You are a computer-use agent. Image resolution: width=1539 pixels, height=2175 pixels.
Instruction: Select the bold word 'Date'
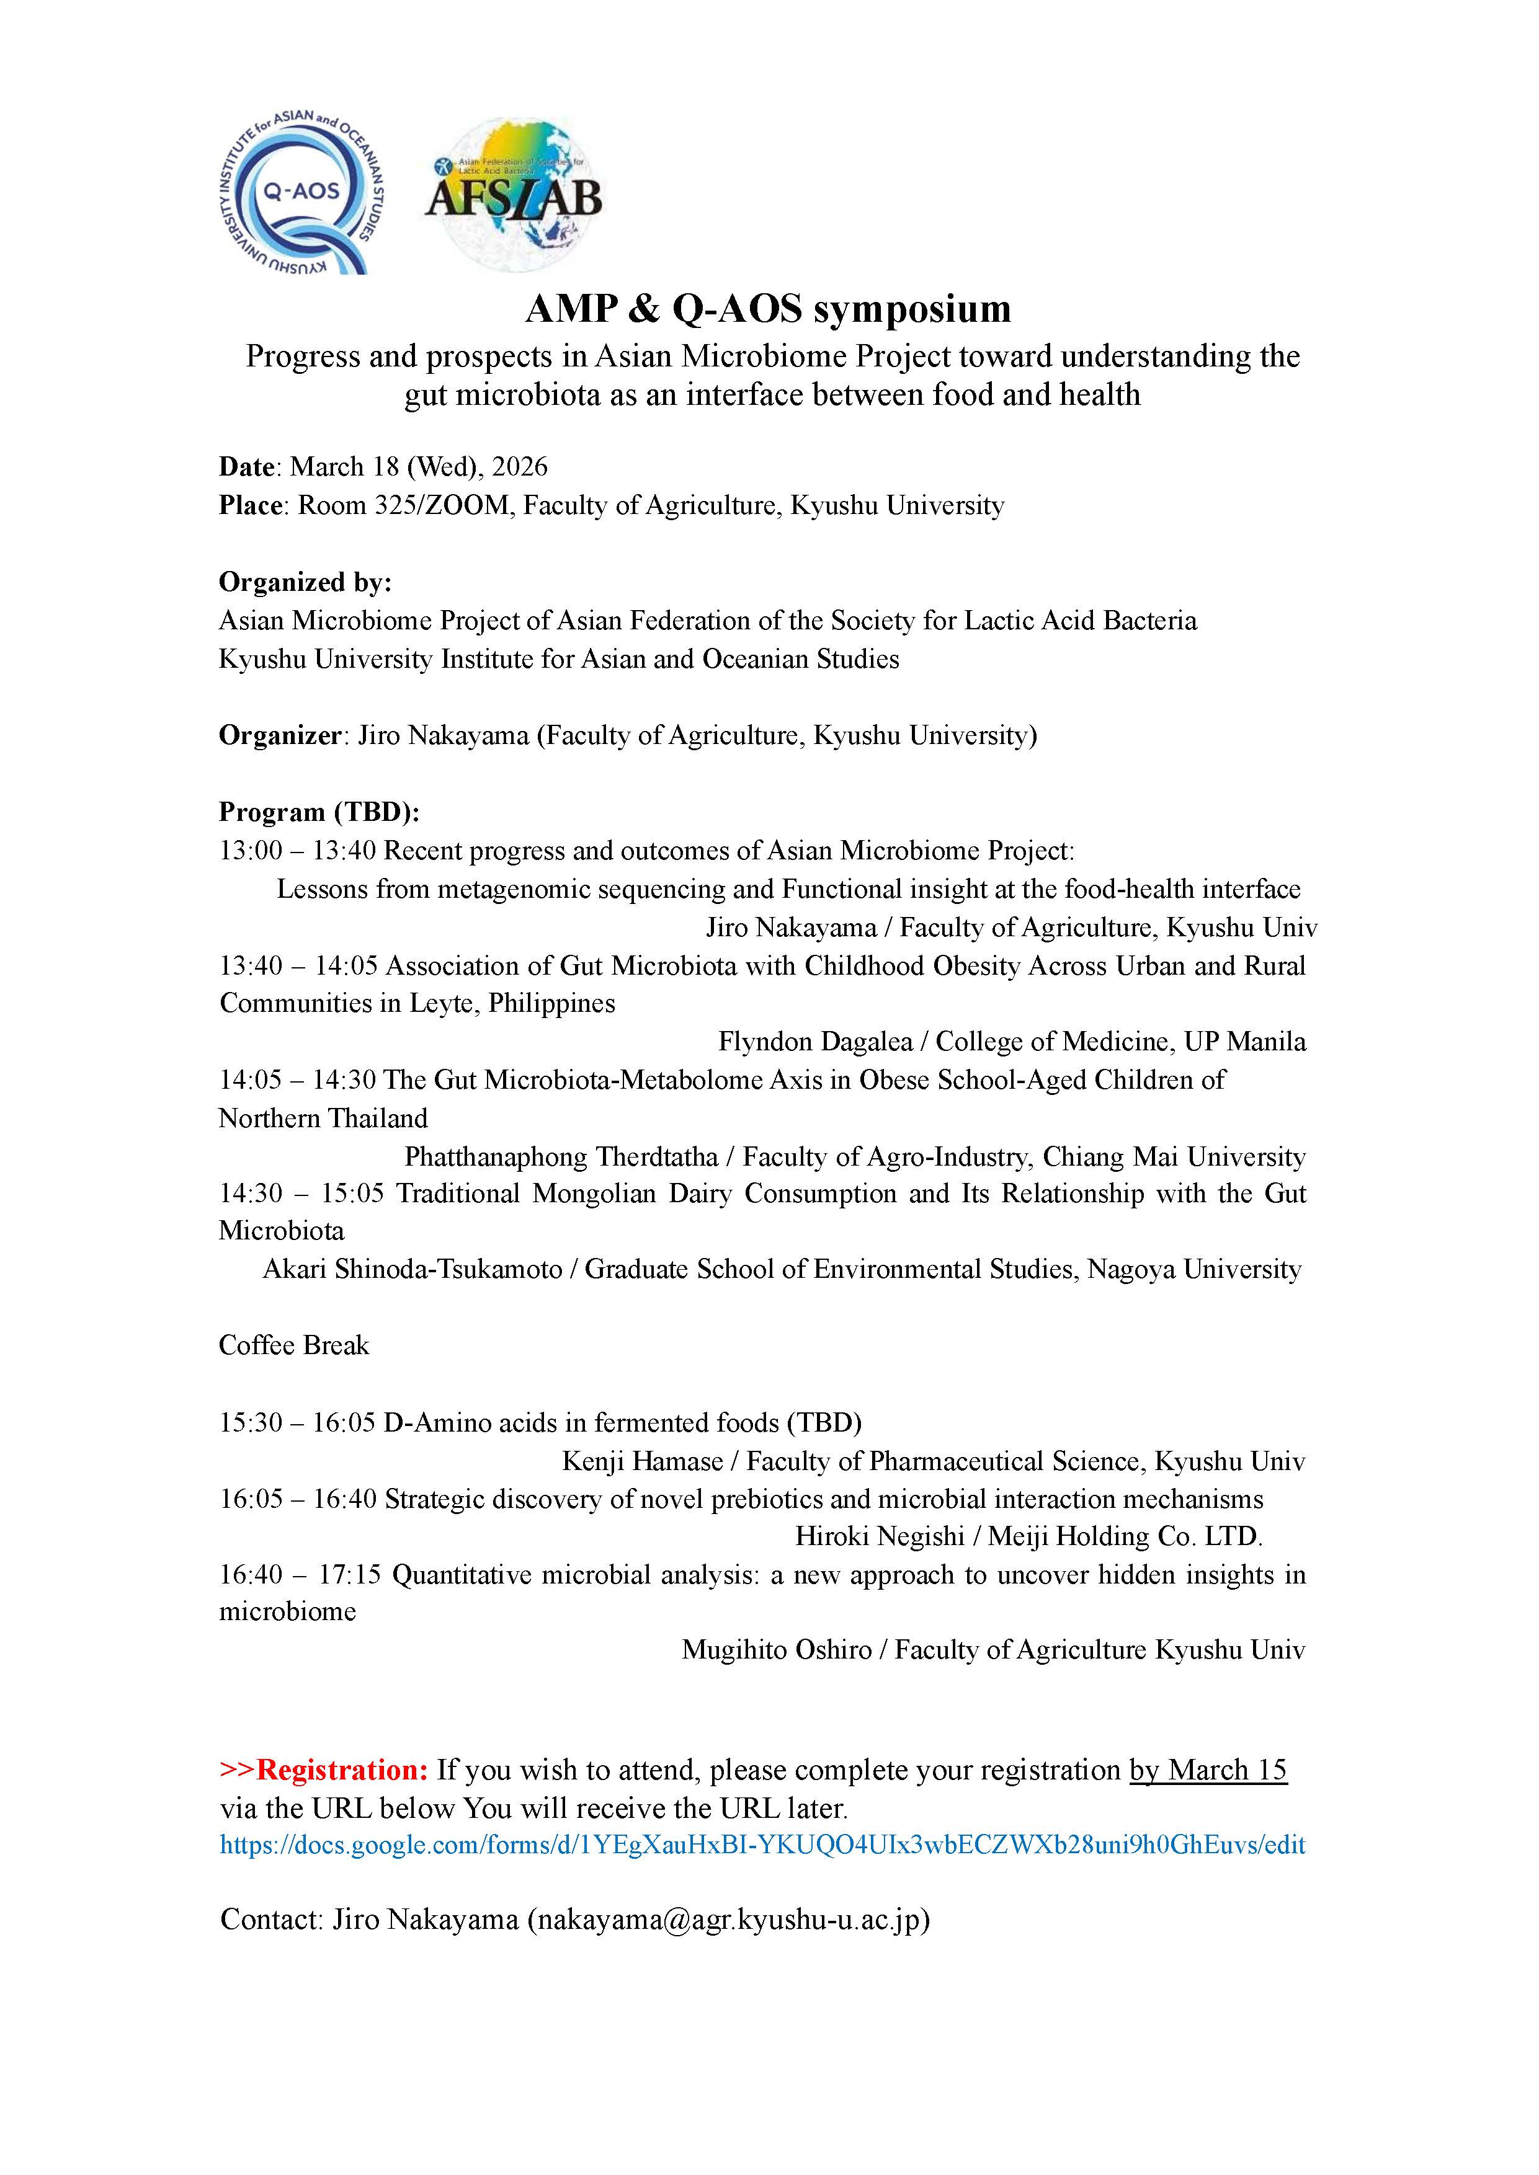[x=246, y=467]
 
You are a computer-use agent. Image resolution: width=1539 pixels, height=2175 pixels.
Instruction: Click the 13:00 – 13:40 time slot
[x=298, y=851]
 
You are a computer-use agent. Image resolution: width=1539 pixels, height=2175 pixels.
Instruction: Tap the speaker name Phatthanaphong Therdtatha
[x=561, y=1157]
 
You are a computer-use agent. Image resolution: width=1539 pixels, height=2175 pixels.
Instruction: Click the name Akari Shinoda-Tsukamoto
[x=413, y=1269]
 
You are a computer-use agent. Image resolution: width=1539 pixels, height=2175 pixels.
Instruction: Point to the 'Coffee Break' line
[x=294, y=1346]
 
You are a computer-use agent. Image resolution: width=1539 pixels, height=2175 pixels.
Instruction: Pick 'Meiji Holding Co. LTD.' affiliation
[x=1125, y=1536]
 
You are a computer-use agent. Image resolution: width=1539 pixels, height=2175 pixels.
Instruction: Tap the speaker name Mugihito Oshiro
[x=776, y=1650]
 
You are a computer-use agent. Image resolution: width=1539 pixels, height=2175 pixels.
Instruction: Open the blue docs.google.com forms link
[x=762, y=1845]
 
